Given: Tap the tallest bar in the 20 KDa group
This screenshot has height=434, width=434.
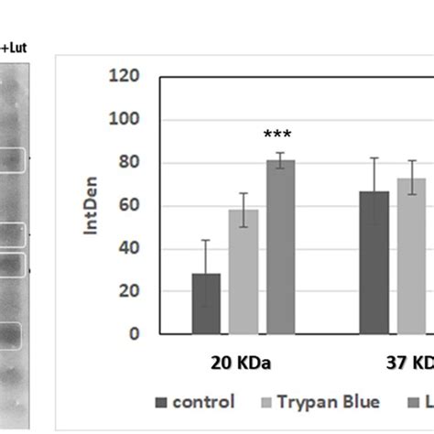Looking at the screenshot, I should (280, 246).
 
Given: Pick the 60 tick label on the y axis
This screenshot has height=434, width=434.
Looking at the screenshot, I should (127, 206).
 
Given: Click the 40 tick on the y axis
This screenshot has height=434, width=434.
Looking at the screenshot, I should (127, 249).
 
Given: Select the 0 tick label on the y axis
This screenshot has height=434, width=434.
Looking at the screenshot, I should (134, 334).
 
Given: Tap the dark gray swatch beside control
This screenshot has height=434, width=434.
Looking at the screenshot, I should (161, 402).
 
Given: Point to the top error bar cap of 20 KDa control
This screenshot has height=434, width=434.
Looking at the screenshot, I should (206, 240).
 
